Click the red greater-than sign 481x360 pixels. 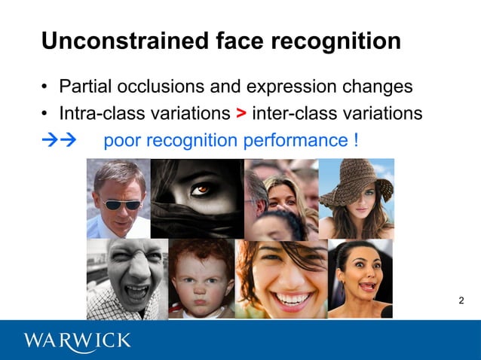click(x=240, y=113)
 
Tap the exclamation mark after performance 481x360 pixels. click(x=354, y=140)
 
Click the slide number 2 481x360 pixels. click(x=461, y=301)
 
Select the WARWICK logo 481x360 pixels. click(x=77, y=340)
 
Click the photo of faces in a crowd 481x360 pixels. click(x=280, y=198)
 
